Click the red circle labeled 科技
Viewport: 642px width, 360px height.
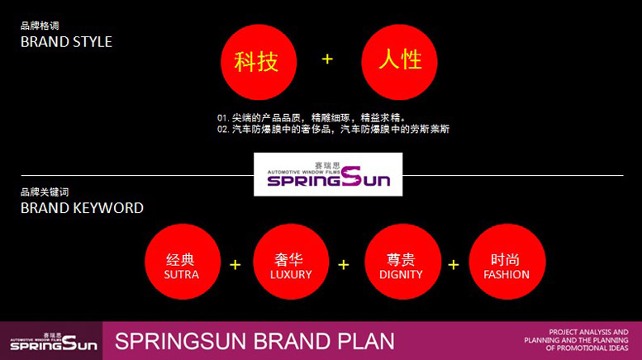(256, 62)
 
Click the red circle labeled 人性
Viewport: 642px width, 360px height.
(400, 62)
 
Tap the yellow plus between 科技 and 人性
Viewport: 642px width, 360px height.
(327, 59)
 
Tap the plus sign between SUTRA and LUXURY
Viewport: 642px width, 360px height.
(235, 265)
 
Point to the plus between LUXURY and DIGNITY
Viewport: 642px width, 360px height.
(344, 265)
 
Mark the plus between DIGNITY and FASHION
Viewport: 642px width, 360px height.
(453, 265)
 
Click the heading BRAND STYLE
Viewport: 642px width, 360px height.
(66, 41)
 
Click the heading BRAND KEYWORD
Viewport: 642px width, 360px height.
(82, 208)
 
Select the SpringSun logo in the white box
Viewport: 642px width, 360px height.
(328, 174)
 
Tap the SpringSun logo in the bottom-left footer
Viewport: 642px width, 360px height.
(51, 340)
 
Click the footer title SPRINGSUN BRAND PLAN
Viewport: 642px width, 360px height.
(254, 341)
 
